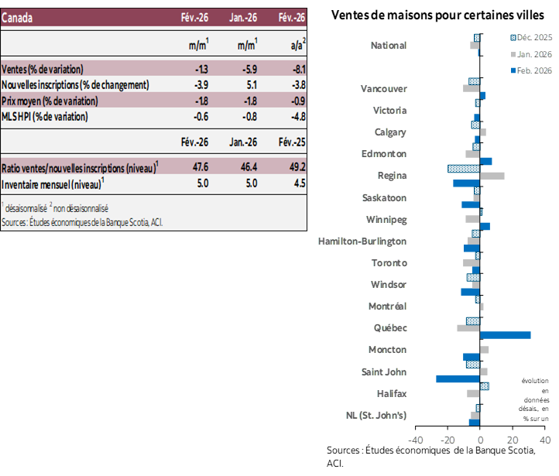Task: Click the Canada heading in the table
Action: [17, 18]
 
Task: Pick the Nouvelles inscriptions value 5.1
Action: [250, 84]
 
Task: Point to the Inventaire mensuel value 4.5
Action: [299, 183]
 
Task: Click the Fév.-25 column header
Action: [291, 142]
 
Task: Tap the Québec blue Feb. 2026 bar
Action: [506, 335]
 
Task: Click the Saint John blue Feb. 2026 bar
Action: [458, 379]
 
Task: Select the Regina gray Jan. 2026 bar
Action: [492, 176]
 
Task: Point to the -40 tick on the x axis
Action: [415, 440]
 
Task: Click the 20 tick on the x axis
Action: [513, 440]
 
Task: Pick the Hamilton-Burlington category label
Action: [362, 241]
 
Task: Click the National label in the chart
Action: [389, 46]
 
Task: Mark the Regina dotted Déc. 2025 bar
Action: [464, 168]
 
